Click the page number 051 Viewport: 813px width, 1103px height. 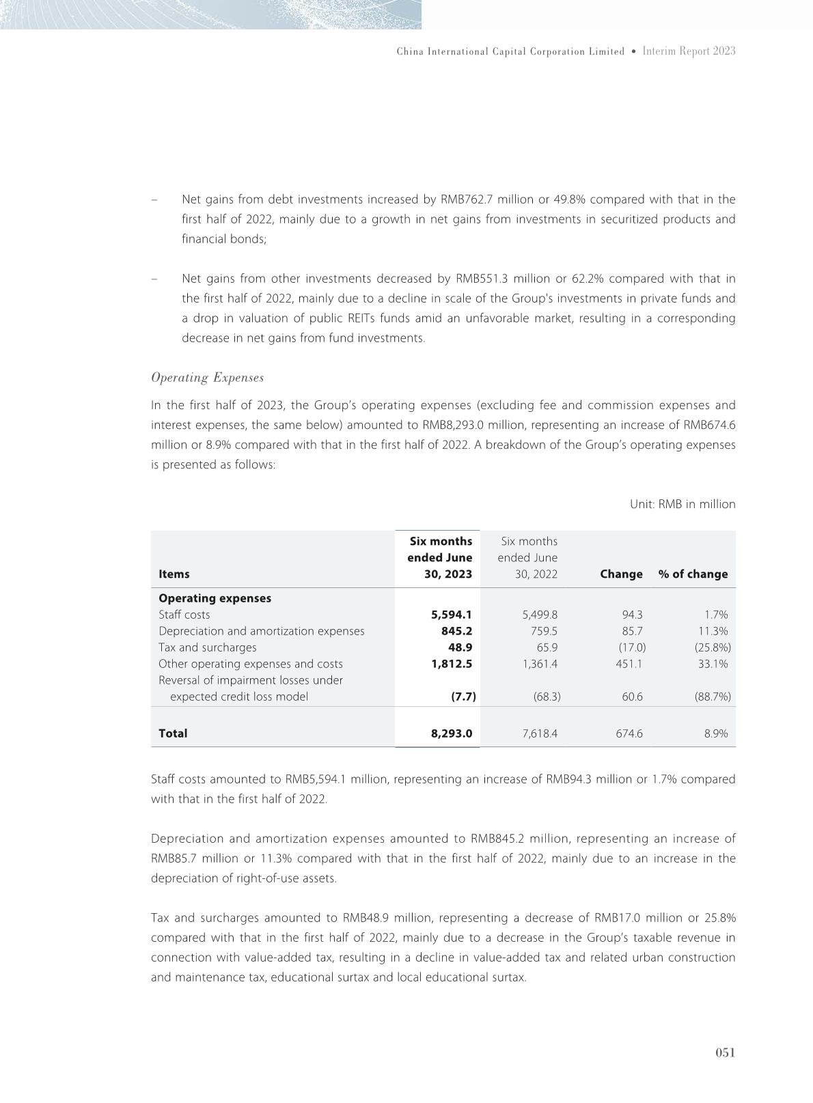pyautogui.click(x=725, y=1052)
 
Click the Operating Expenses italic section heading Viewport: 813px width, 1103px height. pyautogui.click(x=207, y=378)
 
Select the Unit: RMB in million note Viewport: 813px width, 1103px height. pyautogui.click(x=682, y=504)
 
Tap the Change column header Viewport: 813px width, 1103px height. pyautogui.click(x=621, y=574)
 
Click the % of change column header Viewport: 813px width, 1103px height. pyautogui.click(x=693, y=574)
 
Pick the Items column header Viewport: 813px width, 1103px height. pyautogui.click(x=174, y=574)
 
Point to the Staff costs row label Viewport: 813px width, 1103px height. pyautogui.click(x=184, y=615)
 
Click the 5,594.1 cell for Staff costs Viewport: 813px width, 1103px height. pyautogui.click(x=451, y=615)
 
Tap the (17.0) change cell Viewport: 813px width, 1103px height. pyautogui.click(x=631, y=647)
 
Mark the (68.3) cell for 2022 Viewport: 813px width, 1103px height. pyautogui.click(x=547, y=697)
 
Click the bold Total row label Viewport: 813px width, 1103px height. pyautogui.click(x=173, y=734)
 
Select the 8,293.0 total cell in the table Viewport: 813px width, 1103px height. pyautogui.click(x=451, y=734)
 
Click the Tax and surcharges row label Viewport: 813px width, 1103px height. pyautogui.click(x=208, y=647)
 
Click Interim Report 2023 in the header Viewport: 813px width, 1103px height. pyautogui.click(x=689, y=51)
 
